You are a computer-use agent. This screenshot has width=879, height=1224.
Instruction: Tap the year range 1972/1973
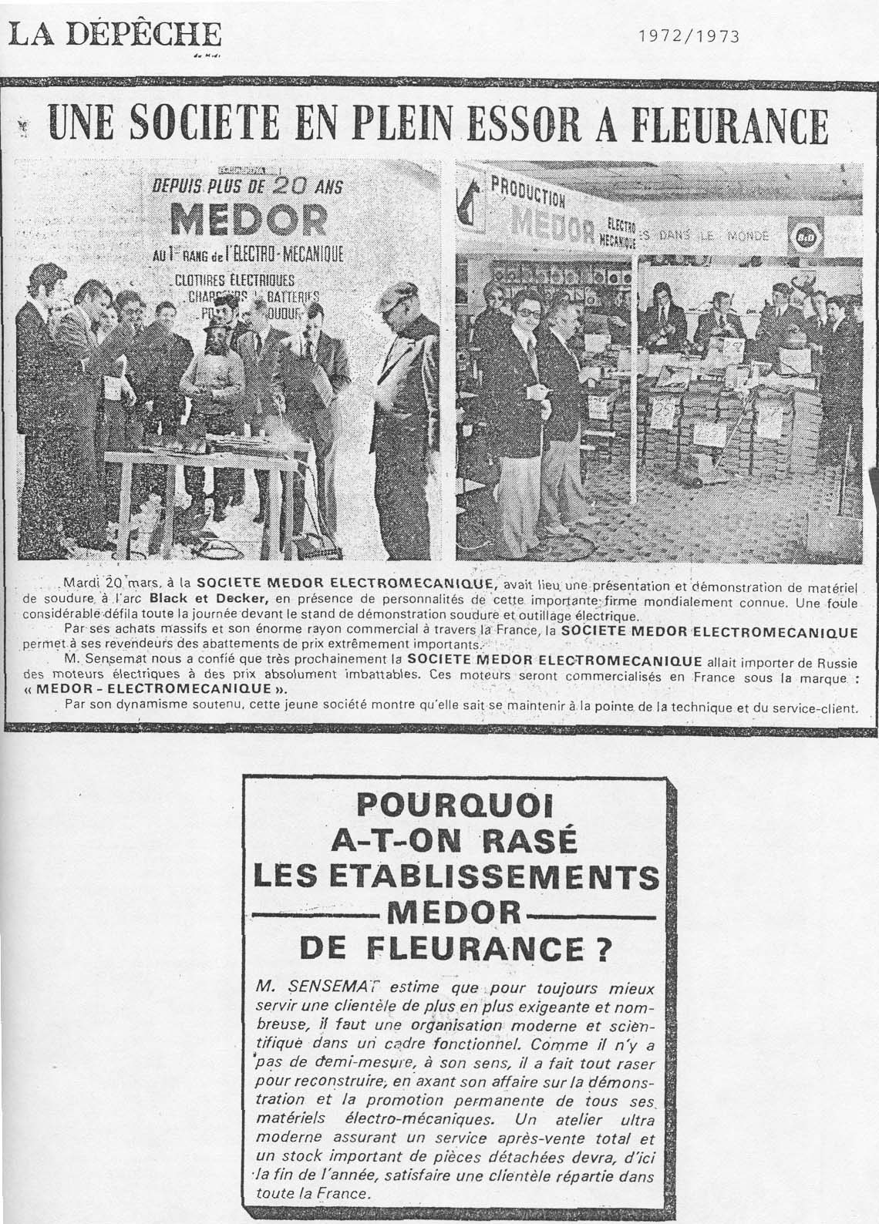coord(689,35)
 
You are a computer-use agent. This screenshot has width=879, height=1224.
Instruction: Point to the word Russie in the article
coord(851,661)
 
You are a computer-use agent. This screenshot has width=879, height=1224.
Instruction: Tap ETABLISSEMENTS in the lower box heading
coord(456,878)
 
